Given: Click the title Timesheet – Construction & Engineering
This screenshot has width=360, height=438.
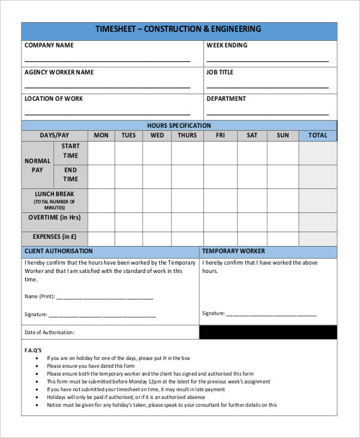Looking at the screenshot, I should click(x=179, y=29).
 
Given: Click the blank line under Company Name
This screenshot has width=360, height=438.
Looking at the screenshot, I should click(x=107, y=61).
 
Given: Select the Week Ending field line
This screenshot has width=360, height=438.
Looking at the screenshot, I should click(x=267, y=61).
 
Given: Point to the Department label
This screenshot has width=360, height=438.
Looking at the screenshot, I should click(x=226, y=98).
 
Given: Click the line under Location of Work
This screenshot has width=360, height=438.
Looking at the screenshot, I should click(x=107, y=115).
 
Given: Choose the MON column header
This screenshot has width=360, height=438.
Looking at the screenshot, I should click(x=101, y=136).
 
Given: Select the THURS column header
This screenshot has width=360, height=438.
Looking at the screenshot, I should click(x=187, y=136).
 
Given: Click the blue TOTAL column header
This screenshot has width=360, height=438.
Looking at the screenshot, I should click(x=317, y=136).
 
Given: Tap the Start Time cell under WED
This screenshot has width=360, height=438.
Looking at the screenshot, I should click(x=157, y=153).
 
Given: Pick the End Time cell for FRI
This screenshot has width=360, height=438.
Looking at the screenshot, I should click(x=220, y=176).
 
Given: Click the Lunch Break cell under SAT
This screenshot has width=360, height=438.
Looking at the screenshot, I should click(x=252, y=200).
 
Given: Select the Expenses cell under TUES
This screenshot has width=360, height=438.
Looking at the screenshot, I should click(x=128, y=237).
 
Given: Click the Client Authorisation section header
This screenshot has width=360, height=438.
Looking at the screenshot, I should click(x=59, y=251).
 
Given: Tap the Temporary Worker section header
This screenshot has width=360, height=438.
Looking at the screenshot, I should click(x=233, y=251).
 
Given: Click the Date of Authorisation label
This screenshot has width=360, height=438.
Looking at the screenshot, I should click(x=50, y=332).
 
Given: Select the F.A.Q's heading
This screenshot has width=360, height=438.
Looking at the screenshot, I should click(x=32, y=349).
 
